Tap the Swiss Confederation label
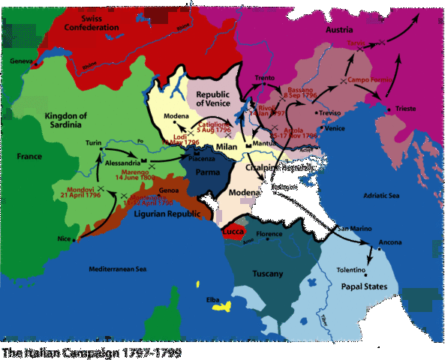click(x=91, y=22)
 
